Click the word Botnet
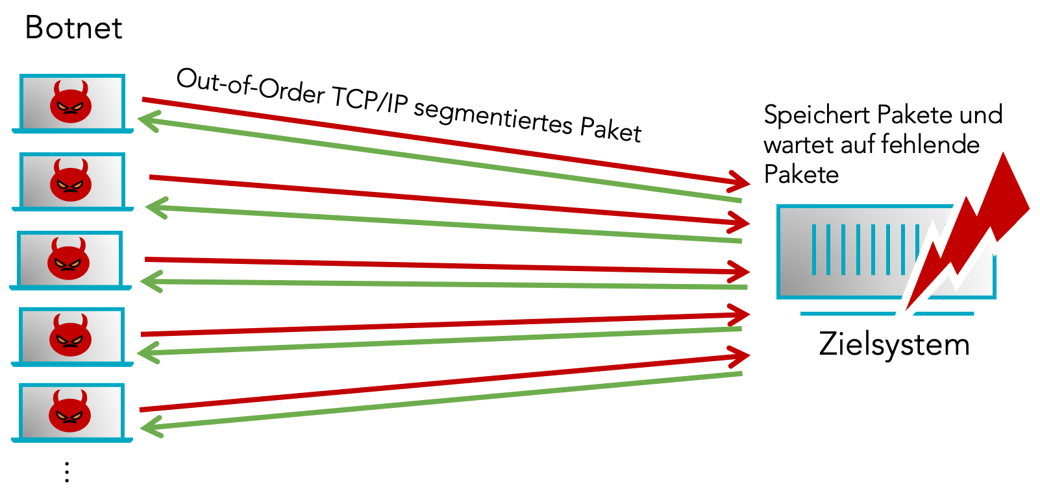[73, 28]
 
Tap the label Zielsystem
[894, 344]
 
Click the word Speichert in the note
[806, 115]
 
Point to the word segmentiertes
[493, 115]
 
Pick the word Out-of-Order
[250, 87]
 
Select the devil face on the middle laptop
[68, 259]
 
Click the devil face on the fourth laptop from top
[70, 335]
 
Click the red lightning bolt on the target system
[974, 227]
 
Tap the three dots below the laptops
[67, 472]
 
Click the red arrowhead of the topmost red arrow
[740, 181]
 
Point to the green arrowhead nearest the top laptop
[148, 121]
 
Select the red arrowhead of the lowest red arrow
[740, 355]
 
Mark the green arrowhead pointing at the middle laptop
[151, 281]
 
